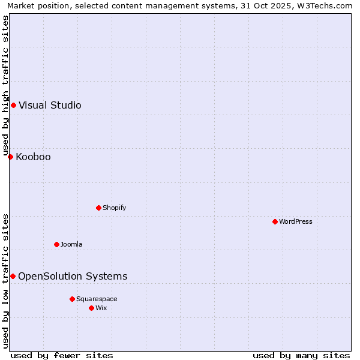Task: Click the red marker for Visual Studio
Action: pyautogui.click(x=13, y=106)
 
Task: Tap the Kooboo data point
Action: pyautogui.click(x=10, y=157)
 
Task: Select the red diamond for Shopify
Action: pyautogui.click(x=99, y=208)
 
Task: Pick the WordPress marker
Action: pyautogui.click(x=275, y=221)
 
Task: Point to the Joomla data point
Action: pyautogui.click(x=57, y=244)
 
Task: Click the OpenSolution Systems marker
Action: pyautogui.click(x=13, y=276)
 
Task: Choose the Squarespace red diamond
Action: pyautogui.click(x=73, y=299)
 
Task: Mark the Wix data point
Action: pyautogui.click(x=92, y=308)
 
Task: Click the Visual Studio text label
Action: pyautogui.click(x=50, y=106)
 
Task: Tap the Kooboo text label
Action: pyautogui.click(x=33, y=157)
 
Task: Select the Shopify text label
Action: pyautogui.click(x=114, y=208)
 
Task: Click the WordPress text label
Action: pyautogui.click(x=296, y=222)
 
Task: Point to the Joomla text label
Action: pyautogui.click(x=71, y=245)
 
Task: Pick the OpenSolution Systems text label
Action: pyautogui.click(x=73, y=277)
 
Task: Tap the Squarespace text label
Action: pyautogui.click(x=97, y=299)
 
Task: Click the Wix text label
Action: pyautogui.click(x=101, y=308)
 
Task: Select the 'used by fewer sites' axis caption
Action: pyautogui.click(x=62, y=356)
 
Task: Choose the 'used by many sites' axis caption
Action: pyautogui.click(x=301, y=356)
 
